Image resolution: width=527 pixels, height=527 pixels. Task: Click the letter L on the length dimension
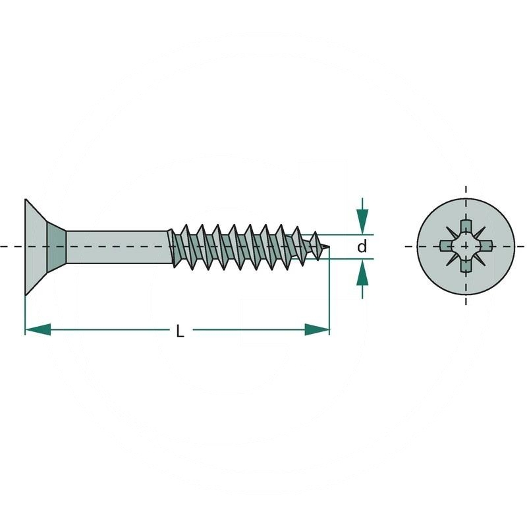[x=180, y=332]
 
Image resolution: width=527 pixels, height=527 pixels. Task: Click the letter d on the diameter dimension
[x=361, y=247]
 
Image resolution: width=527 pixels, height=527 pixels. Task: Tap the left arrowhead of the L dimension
[x=37, y=329]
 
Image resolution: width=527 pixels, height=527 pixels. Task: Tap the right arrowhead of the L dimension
[x=318, y=329]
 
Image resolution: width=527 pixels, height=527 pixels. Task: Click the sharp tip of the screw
[x=327, y=248]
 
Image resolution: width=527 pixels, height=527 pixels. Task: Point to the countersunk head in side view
[x=36, y=246]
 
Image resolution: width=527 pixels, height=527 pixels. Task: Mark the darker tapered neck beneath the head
[x=58, y=246]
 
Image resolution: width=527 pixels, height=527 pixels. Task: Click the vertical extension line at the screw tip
[x=329, y=290]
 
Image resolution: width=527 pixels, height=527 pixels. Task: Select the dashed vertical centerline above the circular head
[x=466, y=194]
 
